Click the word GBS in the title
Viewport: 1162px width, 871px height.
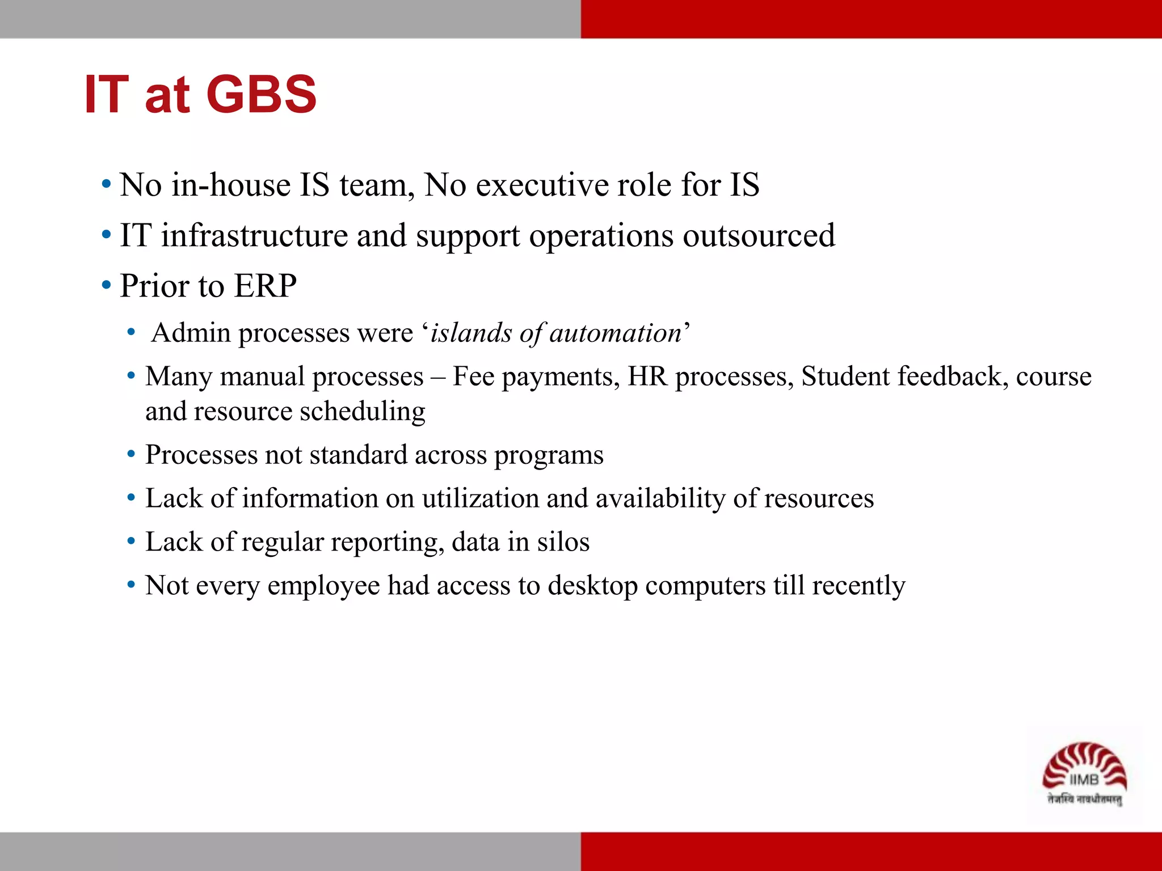click(262, 94)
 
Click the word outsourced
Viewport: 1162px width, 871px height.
click(759, 235)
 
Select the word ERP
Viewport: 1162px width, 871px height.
click(265, 285)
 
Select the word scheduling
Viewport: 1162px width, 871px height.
click(363, 411)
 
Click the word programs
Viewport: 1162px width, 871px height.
click(549, 455)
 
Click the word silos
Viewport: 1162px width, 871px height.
click(563, 542)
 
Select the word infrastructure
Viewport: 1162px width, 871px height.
click(254, 235)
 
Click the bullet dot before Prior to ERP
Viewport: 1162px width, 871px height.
click(106, 285)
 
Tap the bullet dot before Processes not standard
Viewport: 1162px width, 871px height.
click(131, 454)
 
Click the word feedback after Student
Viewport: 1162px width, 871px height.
click(953, 377)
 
